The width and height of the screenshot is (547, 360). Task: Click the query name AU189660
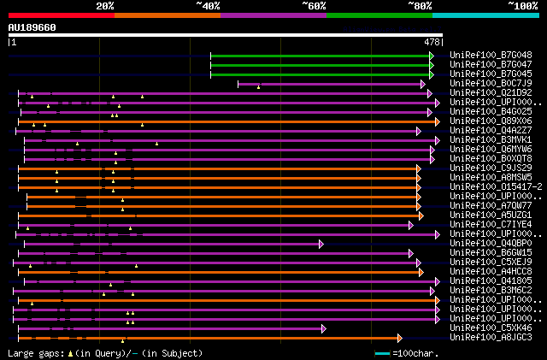[x=32, y=27]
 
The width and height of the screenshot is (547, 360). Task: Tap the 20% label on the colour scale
[x=105, y=5]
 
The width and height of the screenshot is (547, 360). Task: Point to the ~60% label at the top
[x=314, y=5]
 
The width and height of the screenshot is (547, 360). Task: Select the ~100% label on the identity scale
[x=522, y=5]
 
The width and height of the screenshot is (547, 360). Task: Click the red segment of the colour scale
[x=61, y=15]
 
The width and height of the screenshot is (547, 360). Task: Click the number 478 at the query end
[x=432, y=41]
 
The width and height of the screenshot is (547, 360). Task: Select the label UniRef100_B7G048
[x=491, y=55]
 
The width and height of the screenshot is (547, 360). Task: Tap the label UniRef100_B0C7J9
[x=491, y=83]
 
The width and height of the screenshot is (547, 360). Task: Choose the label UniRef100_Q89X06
[x=491, y=121]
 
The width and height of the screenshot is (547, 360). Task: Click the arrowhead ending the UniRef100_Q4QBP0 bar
[x=322, y=244]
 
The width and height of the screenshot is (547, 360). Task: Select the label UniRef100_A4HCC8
[x=491, y=271]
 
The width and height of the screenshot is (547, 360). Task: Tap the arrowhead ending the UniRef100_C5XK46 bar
[x=323, y=328]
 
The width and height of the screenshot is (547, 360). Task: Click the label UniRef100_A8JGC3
[x=491, y=337]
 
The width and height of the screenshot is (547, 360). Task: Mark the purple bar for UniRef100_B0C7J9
[x=329, y=84]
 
